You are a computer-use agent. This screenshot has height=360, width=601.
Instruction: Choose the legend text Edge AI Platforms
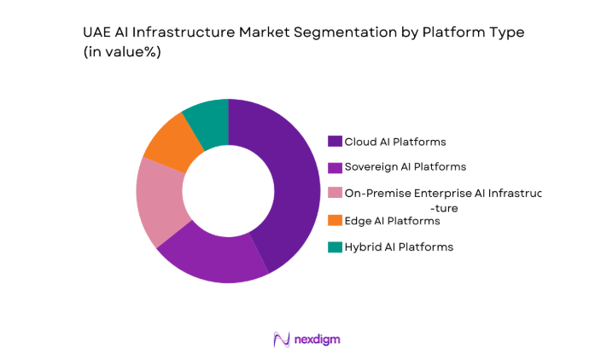point(392,221)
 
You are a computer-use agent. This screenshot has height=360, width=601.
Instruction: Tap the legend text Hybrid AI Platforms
point(399,247)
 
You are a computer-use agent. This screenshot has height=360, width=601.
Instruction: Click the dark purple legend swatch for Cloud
point(335,142)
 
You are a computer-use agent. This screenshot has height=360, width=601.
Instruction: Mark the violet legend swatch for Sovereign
point(335,167)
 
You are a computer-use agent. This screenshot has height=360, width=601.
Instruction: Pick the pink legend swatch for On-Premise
point(335,194)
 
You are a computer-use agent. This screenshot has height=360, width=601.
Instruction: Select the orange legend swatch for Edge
point(335,221)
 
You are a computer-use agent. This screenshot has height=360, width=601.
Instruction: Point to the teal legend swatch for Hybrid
point(335,247)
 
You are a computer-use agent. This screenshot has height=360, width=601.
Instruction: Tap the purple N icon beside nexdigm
point(281,340)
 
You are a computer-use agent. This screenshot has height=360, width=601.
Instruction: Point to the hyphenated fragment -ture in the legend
point(445,207)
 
